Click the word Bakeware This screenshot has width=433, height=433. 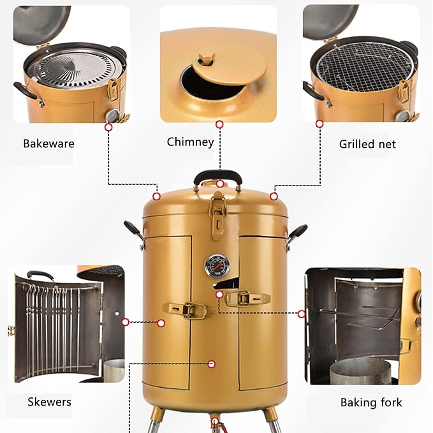point(48,143)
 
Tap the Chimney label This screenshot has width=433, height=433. point(190,142)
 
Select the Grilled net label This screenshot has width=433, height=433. point(367,144)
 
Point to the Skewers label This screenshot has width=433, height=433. point(50,402)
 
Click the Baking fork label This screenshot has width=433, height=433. point(371,402)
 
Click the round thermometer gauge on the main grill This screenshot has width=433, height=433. point(215,266)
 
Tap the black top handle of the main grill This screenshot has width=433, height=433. point(218,176)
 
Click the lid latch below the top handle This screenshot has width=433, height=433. point(218,213)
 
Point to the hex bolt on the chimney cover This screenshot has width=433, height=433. point(206,58)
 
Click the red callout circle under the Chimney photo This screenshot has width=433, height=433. point(219,124)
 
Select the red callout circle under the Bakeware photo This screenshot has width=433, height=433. point(108,128)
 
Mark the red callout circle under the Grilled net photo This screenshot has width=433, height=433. point(319,124)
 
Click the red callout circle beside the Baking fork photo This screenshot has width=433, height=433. point(302,314)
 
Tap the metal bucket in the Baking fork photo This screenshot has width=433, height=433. point(360,371)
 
